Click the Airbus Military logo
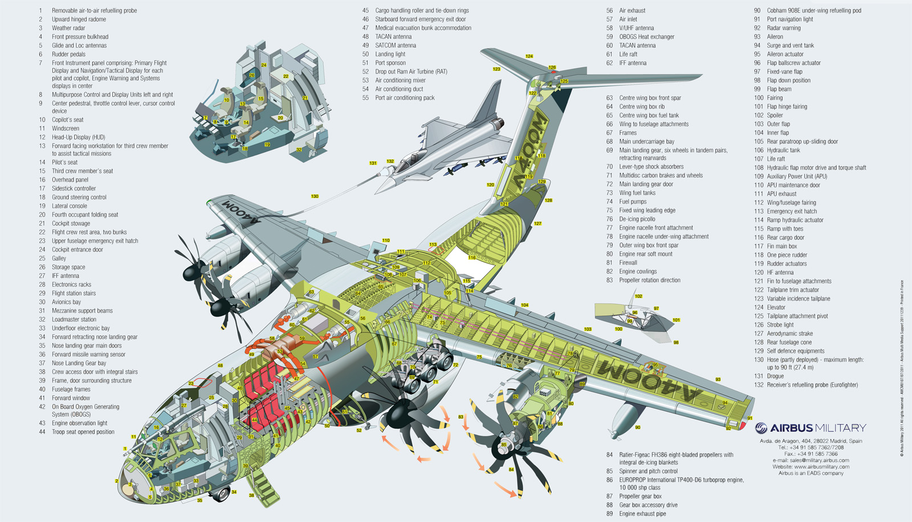click(x=810, y=428)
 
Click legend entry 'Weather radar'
click(x=68, y=28)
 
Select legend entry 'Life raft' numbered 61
click(x=628, y=54)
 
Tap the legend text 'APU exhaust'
click(x=781, y=194)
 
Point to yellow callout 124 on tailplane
click(x=529, y=56)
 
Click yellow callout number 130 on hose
click(x=315, y=196)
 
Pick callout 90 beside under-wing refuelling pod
click(x=637, y=428)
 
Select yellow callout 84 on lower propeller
click(x=511, y=470)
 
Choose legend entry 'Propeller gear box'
click(x=640, y=496)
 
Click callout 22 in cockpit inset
click(x=286, y=76)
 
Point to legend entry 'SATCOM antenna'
click(x=396, y=46)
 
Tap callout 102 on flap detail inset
click(x=638, y=296)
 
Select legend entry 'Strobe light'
click(x=780, y=324)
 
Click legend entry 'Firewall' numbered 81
click(x=628, y=262)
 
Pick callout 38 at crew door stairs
click(x=251, y=495)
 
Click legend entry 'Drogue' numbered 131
click(x=775, y=376)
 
